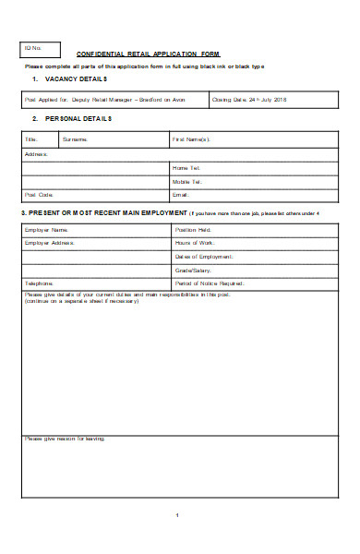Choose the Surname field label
pyautogui.click(x=76, y=139)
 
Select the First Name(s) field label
pyautogui.click(x=191, y=139)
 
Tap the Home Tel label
pyautogui.click(x=186, y=167)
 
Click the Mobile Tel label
pyautogui.click(x=187, y=181)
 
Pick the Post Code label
pyautogui.click(x=40, y=195)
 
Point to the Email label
pyautogui.click(x=181, y=195)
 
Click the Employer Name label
pyautogui.click(x=48, y=229)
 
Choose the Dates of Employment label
pyautogui.click(x=204, y=256)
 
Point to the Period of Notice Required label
pyautogui.click(x=210, y=283)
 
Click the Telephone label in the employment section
pyautogui.click(x=40, y=283)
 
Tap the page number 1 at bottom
pyautogui.click(x=175, y=514)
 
